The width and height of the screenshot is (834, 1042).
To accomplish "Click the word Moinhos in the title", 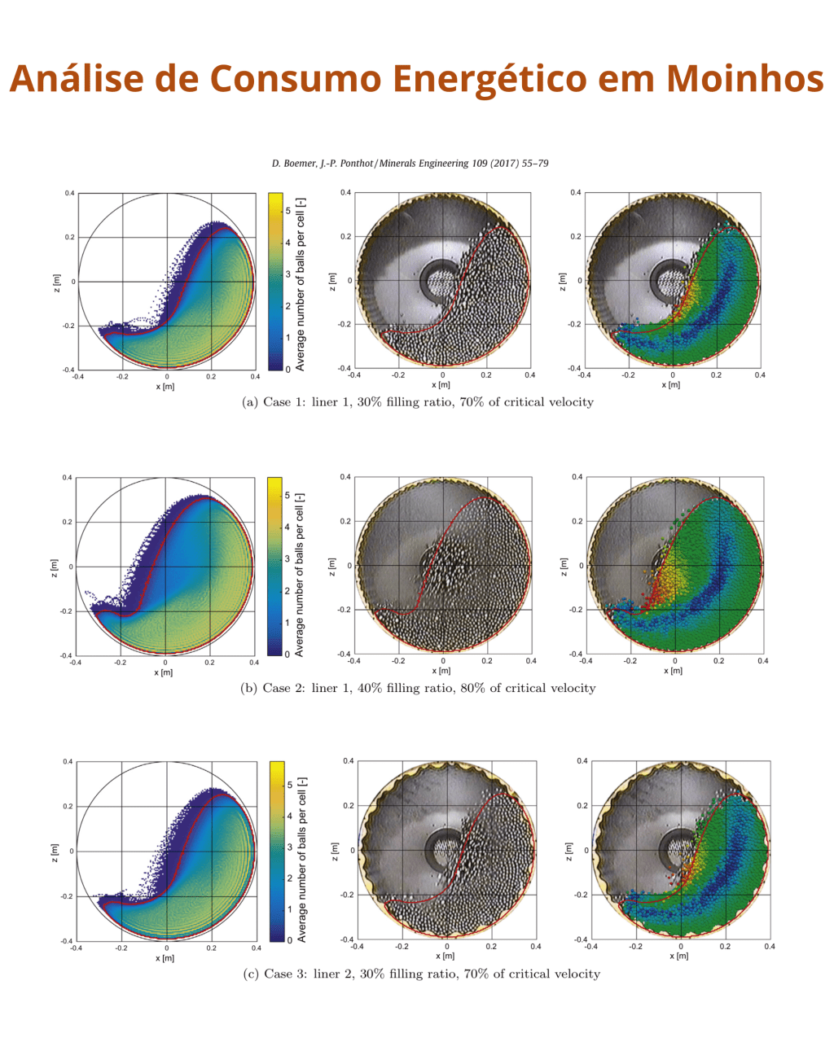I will [744, 78].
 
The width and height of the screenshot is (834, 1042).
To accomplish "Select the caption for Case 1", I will [418, 401].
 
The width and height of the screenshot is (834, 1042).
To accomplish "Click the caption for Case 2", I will [418, 688].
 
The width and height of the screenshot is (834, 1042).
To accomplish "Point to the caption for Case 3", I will [421, 974].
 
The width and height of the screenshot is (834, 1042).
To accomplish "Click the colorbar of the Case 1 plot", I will [275, 281].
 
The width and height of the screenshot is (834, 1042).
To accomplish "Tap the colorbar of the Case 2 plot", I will [274, 566].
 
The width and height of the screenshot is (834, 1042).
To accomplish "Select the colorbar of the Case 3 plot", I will [276, 851].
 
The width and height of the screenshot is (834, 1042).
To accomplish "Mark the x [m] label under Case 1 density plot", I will [165, 386].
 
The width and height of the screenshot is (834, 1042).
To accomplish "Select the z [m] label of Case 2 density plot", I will [54, 565].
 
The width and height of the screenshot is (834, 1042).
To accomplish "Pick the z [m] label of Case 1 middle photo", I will [331, 280].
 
